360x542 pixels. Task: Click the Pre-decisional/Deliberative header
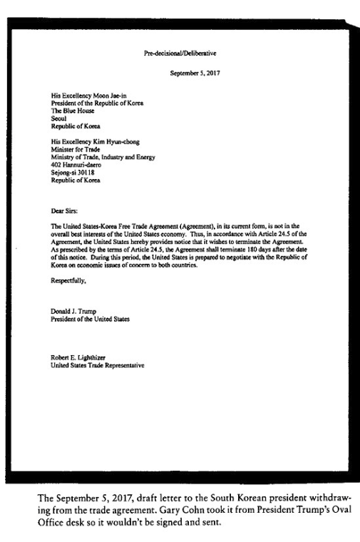180,53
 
